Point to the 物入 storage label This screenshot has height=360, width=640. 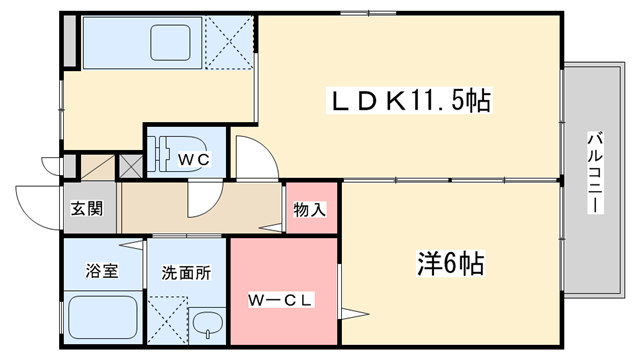pos(309,210)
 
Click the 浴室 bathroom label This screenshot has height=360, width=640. pos(101,270)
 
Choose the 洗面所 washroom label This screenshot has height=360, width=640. pos(186,271)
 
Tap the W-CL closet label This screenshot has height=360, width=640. pos(281,299)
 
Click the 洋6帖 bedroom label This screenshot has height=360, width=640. pos(450,264)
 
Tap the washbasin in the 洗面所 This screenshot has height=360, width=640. pos(207,325)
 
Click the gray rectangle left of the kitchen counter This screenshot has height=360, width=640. pos(68,41)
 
